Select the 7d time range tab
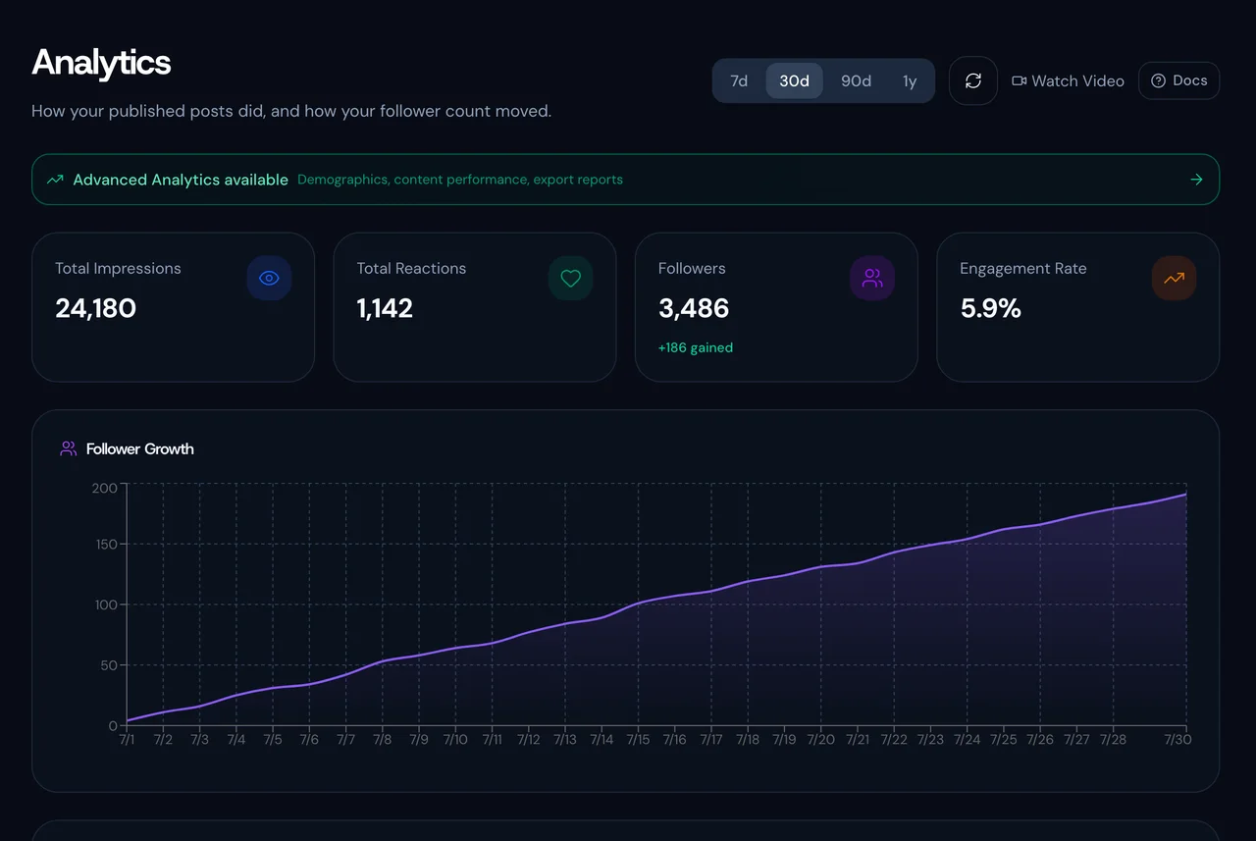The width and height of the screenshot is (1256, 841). (x=739, y=80)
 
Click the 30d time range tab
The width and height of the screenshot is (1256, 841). (x=794, y=80)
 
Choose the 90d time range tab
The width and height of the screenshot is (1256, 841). (x=856, y=80)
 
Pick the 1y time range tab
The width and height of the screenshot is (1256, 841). (x=910, y=80)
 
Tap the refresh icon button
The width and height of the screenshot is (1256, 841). (x=972, y=80)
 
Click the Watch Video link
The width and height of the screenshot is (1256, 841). (x=1068, y=80)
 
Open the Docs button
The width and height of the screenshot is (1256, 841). (x=1178, y=80)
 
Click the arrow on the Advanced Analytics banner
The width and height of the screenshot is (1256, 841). (x=1196, y=180)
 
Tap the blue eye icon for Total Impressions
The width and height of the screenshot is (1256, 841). (x=269, y=278)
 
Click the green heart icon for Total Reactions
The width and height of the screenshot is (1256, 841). (x=571, y=278)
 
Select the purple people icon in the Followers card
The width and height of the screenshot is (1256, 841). (x=872, y=278)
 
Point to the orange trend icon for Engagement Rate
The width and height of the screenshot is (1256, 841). (x=1174, y=278)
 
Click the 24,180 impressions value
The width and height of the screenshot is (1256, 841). (x=96, y=308)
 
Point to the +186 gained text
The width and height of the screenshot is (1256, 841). (x=696, y=347)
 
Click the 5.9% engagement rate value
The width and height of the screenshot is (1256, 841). (x=991, y=308)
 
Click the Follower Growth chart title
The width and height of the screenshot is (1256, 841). (x=139, y=449)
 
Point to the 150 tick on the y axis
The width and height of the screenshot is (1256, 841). (x=107, y=545)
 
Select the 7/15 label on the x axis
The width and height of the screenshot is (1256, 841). (x=638, y=740)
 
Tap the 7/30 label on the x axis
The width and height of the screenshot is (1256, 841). (x=1177, y=740)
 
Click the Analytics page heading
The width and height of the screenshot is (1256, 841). (x=101, y=63)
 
